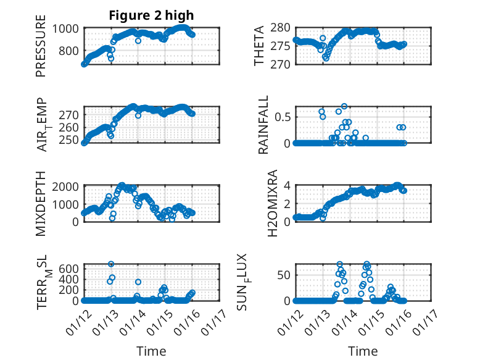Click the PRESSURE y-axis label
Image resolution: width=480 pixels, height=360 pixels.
[x=41, y=50]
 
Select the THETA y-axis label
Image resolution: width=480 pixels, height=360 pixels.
[x=259, y=46]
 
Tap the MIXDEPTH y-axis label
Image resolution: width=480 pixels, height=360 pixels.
[x=41, y=204]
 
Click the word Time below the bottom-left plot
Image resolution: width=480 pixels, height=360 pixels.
[x=151, y=351]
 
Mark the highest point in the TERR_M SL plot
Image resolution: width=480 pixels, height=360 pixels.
[x=112, y=264]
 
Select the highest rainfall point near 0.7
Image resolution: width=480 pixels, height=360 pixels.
[x=344, y=106]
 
